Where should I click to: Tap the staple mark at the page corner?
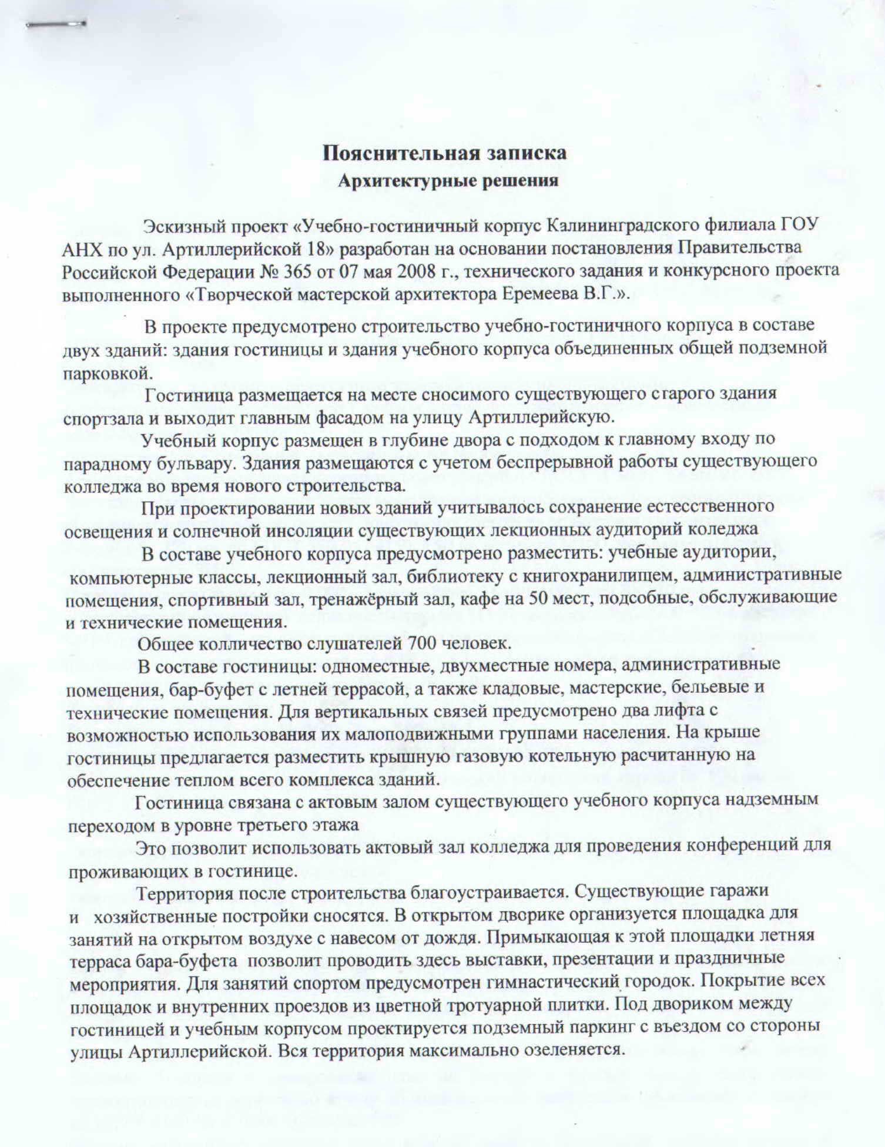pyautogui.click(x=56, y=25)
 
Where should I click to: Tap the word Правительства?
pyautogui.click(x=740, y=248)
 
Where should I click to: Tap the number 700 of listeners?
pyautogui.click(x=421, y=644)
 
